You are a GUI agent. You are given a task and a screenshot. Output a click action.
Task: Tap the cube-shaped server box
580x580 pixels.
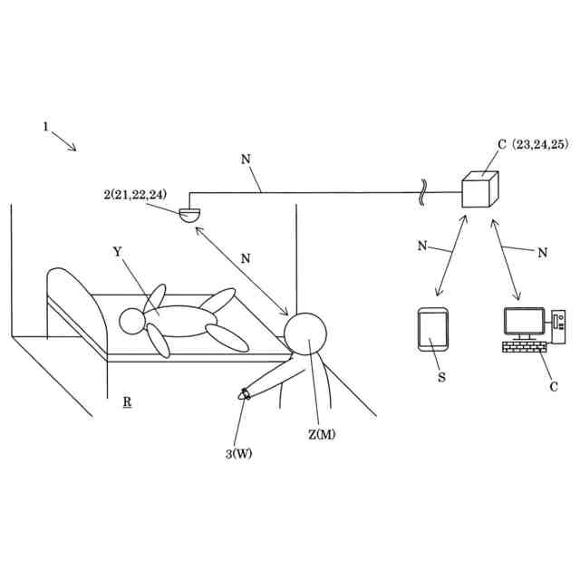480,190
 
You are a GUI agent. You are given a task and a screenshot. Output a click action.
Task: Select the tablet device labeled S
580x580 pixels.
432,329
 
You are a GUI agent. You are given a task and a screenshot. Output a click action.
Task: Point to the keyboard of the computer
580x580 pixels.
523,347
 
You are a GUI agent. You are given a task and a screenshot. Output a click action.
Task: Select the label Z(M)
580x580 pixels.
322,434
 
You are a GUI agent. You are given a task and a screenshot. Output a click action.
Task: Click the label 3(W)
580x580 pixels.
238,453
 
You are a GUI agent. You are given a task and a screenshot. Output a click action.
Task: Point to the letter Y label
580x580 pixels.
118,251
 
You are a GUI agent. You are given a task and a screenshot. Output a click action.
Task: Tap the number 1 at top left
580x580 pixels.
45,127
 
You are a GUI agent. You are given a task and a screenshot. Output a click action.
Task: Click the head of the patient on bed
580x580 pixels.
132,320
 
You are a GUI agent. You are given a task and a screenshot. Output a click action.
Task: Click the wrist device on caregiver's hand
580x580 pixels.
245,393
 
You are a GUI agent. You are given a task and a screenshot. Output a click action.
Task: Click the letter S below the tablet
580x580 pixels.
441,377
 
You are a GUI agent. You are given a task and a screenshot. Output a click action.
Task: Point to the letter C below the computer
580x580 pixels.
554,387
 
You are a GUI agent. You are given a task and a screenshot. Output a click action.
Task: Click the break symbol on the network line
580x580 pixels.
422,193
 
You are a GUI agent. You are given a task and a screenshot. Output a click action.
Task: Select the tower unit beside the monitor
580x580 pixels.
557,322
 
